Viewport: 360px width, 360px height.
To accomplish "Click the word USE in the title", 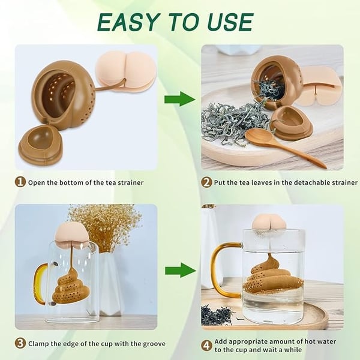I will pyautogui.click(x=227, y=22).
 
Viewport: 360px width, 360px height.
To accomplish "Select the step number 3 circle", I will pyautogui.click(x=20, y=343).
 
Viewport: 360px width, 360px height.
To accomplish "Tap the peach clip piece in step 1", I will pyautogui.click(x=125, y=71).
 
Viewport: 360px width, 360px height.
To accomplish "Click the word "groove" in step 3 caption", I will pyautogui.click(x=151, y=343).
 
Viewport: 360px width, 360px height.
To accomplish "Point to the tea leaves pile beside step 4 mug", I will pyautogui.click(x=216, y=314).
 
